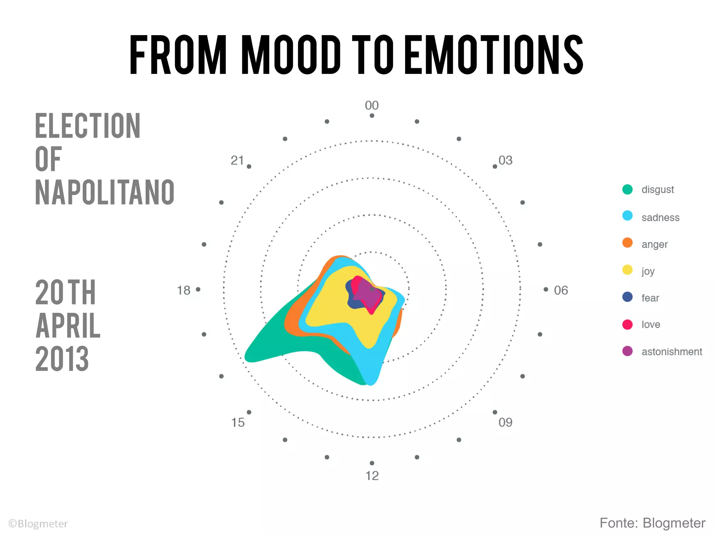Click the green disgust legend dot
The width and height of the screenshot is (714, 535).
click(x=627, y=189)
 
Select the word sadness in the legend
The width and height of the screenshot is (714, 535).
click(x=660, y=218)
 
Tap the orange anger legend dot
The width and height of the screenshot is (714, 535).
click(x=627, y=243)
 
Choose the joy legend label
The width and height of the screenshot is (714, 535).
click(x=648, y=271)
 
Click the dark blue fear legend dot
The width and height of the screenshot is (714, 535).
click(x=627, y=297)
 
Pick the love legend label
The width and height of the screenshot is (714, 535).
click(x=651, y=325)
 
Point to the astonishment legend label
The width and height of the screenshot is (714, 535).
click(x=671, y=352)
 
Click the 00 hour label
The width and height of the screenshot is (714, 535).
click(x=372, y=105)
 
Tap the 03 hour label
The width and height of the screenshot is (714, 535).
click(x=505, y=161)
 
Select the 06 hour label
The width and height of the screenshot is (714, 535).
click(x=561, y=290)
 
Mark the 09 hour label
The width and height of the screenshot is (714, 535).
click(x=505, y=422)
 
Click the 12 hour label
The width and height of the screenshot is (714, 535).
click(x=372, y=476)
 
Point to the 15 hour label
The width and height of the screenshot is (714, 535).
click(x=238, y=422)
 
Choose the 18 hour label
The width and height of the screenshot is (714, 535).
click(x=184, y=290)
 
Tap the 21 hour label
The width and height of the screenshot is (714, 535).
click(x=237, y=161)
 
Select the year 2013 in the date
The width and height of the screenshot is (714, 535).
click(x=62, y=359)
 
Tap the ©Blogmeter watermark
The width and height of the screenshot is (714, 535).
click(x=38, y=524)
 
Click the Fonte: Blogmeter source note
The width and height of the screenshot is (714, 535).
click(x=652, y=523)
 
